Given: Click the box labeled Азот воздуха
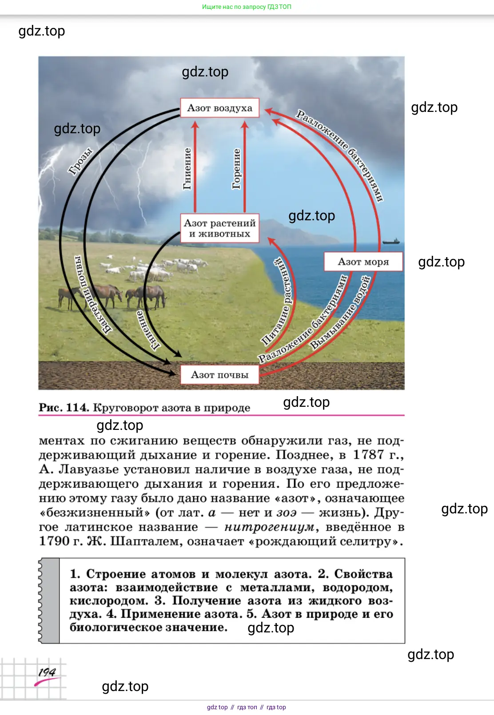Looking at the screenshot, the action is pos(220,108).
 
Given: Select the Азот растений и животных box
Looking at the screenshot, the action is pos(220,228).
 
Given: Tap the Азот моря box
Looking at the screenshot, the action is pos(363,262).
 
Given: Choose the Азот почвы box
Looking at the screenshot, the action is pos(220,374).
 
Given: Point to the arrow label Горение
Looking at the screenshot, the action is pos(236,169).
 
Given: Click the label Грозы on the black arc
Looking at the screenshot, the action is pos(80,161).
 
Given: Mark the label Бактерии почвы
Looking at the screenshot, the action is pos(92,294).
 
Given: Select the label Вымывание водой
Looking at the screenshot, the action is pos(340,313).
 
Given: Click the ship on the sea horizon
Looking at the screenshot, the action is pos(391,241).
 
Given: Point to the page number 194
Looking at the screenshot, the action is pos(47,672).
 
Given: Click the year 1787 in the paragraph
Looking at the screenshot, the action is pos(368,455).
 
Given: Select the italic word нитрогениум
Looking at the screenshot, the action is pos(269,527).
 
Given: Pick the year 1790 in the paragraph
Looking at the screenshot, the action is pos(54,541).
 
